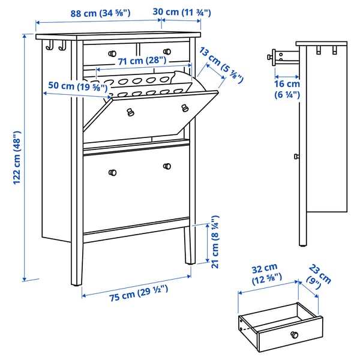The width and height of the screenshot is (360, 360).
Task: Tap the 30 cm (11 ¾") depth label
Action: point(181,11)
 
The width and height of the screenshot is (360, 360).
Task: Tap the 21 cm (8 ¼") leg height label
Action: point(214,240)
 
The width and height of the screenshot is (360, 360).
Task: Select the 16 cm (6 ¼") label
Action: point(287,89)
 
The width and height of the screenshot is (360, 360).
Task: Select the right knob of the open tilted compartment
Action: point(184,107)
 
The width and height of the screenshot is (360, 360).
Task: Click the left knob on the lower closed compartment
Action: point(111,173)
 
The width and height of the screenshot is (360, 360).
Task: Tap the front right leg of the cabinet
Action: point(189,246)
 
